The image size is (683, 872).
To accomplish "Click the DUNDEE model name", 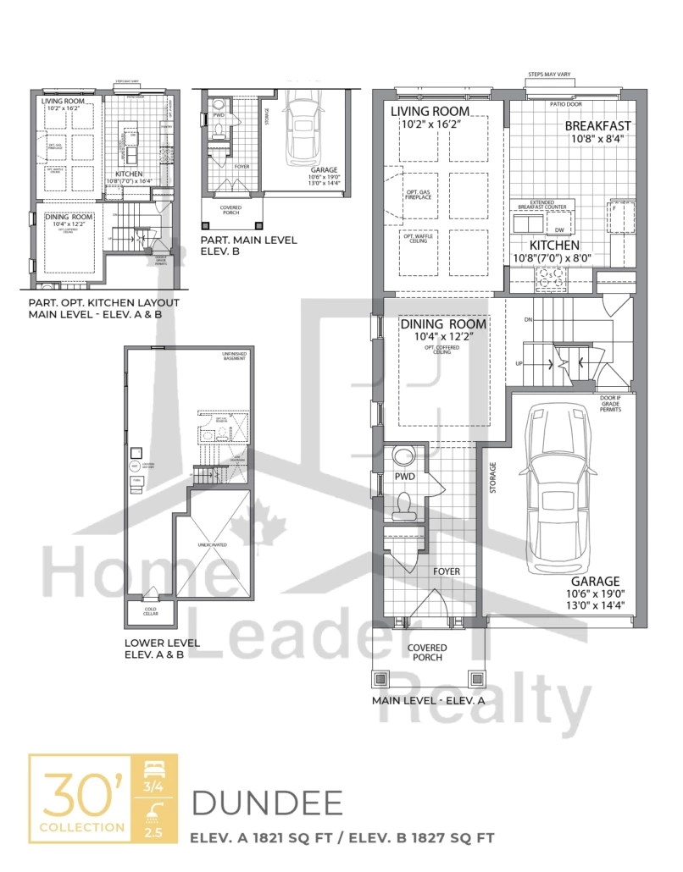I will click(x=267, y=803).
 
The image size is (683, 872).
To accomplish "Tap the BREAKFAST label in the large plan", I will click(x=597, y=126).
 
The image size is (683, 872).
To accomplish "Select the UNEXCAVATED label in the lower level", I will click(x=213, y=545).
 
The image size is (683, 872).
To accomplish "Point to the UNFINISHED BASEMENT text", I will click(x=234, y=357).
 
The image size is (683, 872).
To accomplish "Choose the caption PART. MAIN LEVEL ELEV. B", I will click(x=248, y=246).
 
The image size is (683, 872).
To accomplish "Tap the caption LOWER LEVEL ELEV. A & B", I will click(x=162, y=648).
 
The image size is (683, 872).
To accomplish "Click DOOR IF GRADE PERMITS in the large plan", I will click(x=609, y=403).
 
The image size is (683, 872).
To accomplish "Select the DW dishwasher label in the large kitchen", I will click(x=557, y=229).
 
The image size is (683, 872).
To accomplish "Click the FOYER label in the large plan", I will click(x=446, y=571).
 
